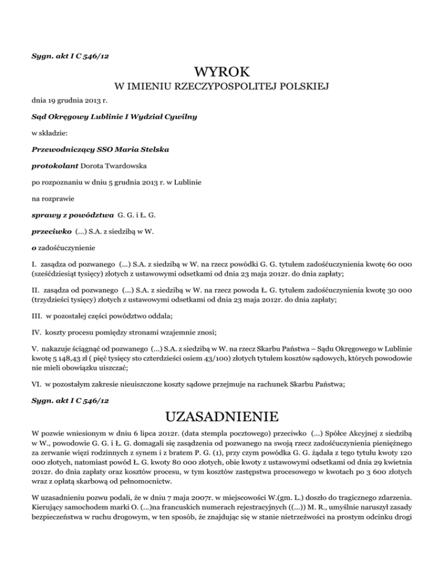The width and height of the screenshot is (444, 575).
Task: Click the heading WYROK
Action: (x=222, y=72)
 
